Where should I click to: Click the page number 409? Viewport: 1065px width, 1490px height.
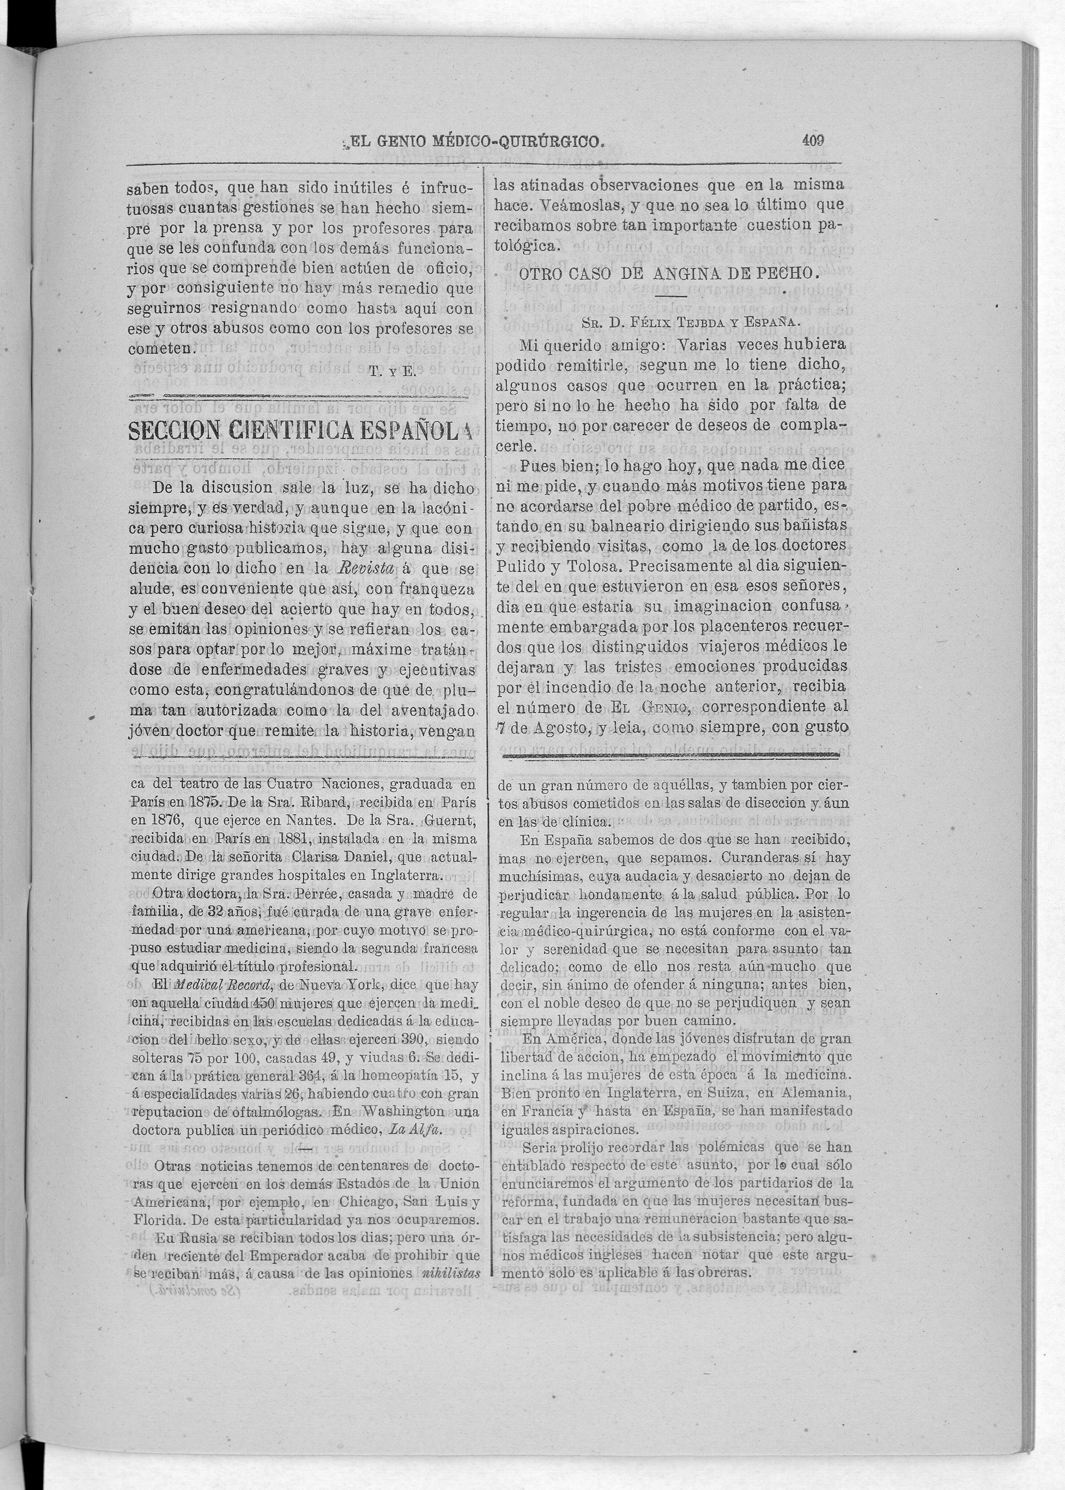click(812, 140)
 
